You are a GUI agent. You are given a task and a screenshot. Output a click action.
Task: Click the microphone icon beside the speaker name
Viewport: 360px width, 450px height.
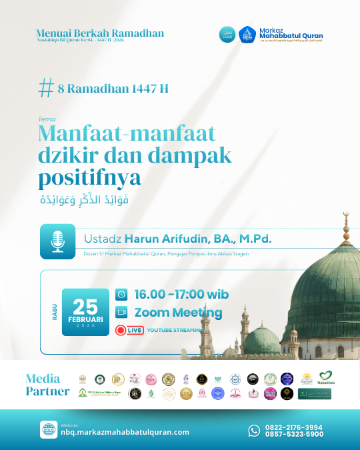[x=57, y=241]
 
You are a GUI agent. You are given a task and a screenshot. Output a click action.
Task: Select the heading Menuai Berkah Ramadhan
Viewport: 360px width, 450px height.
[x=99, y=33]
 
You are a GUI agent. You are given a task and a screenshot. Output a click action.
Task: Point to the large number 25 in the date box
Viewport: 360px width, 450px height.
[x=85, y=306]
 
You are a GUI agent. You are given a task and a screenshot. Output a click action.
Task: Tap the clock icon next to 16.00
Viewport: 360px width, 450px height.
[x=121, y=294]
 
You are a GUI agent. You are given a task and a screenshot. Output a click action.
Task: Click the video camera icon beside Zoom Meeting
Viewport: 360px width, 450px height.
[x=121, y=312]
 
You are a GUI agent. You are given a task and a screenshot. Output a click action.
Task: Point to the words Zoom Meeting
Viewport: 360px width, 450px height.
[x=178, y=312]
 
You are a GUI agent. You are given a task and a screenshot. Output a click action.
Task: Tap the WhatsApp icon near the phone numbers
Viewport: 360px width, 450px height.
[x=254, y=431]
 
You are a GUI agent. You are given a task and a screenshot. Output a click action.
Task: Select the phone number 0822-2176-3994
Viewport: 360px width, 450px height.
[x=294, y=427]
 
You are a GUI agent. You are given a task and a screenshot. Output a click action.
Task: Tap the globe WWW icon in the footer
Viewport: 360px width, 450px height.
[x=48, y=429]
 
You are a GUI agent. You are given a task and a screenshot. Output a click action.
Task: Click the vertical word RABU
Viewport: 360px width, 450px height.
[x=54, y=312]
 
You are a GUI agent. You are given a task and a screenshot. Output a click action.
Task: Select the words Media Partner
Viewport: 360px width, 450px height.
[x=47, y=385]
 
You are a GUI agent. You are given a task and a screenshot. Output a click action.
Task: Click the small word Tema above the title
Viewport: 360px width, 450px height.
[x=45, y=119]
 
